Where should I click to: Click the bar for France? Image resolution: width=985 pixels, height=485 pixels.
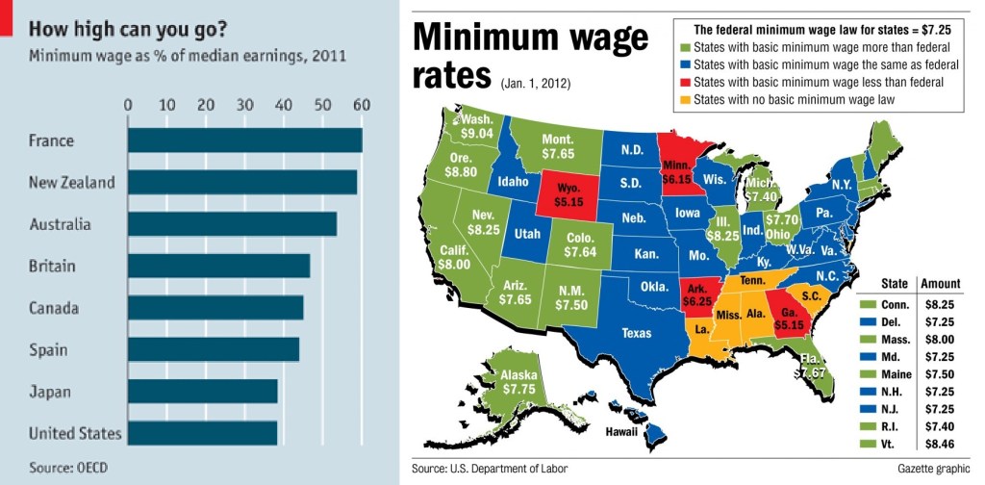pyautogui.click(x=244, y=140)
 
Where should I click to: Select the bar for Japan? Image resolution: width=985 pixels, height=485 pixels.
pyautogui.click(x=202, y=392)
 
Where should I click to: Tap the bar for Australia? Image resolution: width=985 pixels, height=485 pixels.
pyautogui.click(x=232, y=224)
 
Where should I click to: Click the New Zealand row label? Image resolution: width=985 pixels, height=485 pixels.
pyautogui.click(x=72, y=182)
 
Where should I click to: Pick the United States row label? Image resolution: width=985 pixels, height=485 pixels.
pyautogui.click(x=75, y=433)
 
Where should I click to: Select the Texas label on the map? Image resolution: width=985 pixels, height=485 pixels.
pyautogui.click(x=636, y=333)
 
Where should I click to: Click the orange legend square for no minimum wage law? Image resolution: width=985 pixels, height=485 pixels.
pyautogui.click(x=684, y=99)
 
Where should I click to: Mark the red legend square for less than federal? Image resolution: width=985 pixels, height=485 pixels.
pyautogui.click(x=684, y=82)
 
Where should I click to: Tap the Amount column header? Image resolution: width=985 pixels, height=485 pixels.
pyautogui.click(x=940, y=283)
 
